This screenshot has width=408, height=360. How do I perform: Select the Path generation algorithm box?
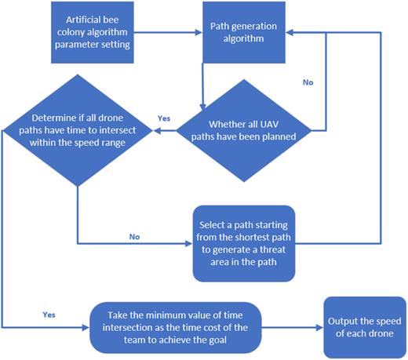click(x=242, y=36)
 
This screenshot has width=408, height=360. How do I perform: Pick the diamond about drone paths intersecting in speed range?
click(x=79, y=129)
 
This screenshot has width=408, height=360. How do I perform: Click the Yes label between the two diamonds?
click(x=164, y=118)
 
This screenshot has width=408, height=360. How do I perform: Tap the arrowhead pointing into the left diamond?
click(x=155, y=129)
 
